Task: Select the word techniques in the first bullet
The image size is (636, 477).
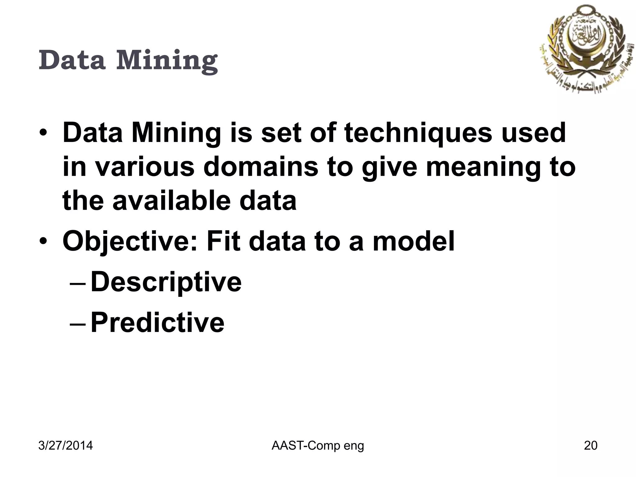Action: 418,134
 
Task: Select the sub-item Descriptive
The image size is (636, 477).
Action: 166,282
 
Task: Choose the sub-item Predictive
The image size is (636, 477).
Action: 157,323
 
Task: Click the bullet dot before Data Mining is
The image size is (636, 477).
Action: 44,134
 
